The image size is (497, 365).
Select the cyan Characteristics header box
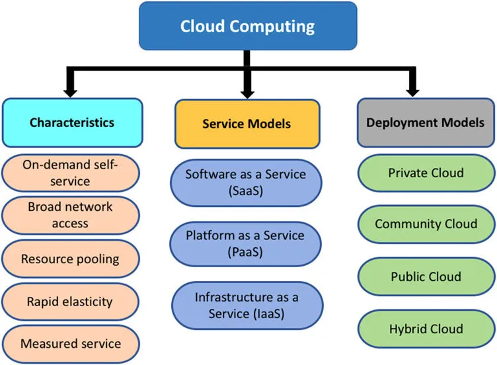[72, 122]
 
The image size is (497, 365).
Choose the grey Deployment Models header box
[426, 122]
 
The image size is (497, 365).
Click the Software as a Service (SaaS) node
[245, 182]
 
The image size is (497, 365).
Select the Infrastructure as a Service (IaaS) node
[245, 305]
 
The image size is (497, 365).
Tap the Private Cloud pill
[426, 173]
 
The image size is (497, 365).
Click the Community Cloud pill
[426, 223]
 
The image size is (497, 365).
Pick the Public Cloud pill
[426, 276]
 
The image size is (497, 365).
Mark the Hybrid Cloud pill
[426, 329]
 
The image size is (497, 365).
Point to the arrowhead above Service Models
[248, 89]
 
